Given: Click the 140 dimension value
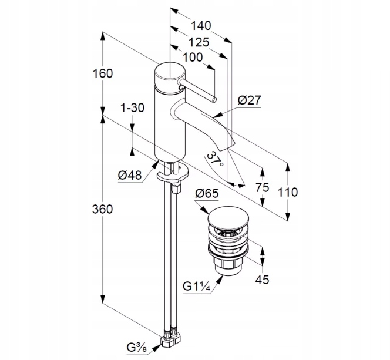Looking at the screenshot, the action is [x=201, y=26].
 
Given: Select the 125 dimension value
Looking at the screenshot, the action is [x=199, y=42].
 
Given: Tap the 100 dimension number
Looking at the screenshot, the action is [x=193, y=58].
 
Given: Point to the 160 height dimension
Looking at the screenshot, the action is [x=103, y=73].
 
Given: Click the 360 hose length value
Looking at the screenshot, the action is [x=102, y=209].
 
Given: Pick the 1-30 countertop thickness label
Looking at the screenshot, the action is [x=132, y=108].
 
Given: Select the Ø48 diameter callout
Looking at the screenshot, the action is [x=130, y=175].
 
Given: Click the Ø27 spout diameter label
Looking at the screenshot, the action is [x=249, y=100].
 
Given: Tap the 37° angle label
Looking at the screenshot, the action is [x=215, y=160].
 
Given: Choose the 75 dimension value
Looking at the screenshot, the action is [x=263, y=187].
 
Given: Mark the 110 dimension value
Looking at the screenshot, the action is [x=288, y=192].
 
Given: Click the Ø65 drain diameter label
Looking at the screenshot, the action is [x=207, y=193].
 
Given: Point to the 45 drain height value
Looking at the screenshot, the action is [x=262, y=280].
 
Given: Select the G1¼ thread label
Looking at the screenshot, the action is [x=197, y=287].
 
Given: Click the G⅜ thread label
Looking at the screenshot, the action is [x=136, y=348].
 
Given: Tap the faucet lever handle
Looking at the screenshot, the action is [x=198, y=91].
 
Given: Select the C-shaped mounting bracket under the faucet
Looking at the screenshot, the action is [x=173, y=176].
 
